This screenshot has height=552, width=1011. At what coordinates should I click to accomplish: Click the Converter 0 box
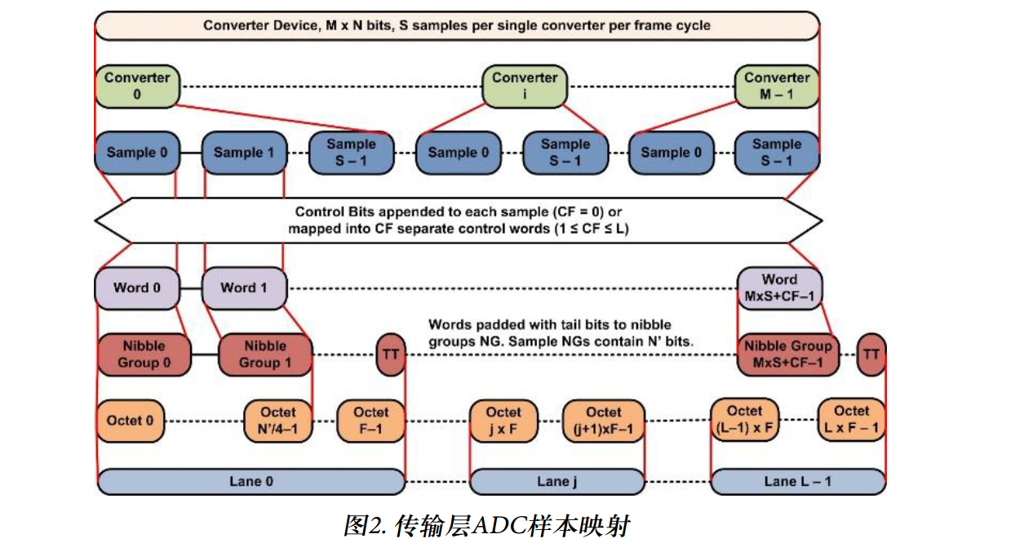coord(137,86)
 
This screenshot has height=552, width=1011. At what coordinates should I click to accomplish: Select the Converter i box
coord(524,86)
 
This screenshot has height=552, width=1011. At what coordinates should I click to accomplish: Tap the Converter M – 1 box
coord(777,86)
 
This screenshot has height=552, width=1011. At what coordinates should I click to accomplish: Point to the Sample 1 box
coord(244,153)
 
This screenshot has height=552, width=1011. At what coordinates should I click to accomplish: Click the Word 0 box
coord(137,287)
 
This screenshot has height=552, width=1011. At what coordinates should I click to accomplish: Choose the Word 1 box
coord(244,287)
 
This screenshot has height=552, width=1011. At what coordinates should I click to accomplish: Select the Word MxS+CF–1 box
coord(778,287)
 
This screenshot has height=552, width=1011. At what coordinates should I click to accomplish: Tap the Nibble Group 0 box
coord(144,354)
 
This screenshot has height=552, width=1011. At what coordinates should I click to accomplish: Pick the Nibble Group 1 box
coord(265,354)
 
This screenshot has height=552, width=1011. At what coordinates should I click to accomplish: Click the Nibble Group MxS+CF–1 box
coord(787,354)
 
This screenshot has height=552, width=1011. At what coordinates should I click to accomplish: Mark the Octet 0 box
coord(130,421)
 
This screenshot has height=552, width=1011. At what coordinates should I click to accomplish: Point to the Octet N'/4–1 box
coord(278,421)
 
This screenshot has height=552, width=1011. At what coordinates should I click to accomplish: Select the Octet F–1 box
coord(370,421)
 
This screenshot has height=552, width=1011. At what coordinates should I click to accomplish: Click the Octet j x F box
coord(503,421)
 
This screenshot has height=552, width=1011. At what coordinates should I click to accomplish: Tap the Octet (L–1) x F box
coord(744,421)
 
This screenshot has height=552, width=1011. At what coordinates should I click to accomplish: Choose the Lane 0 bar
coord(251,482)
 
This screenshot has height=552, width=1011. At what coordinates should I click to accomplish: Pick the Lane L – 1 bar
coord(797,482)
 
